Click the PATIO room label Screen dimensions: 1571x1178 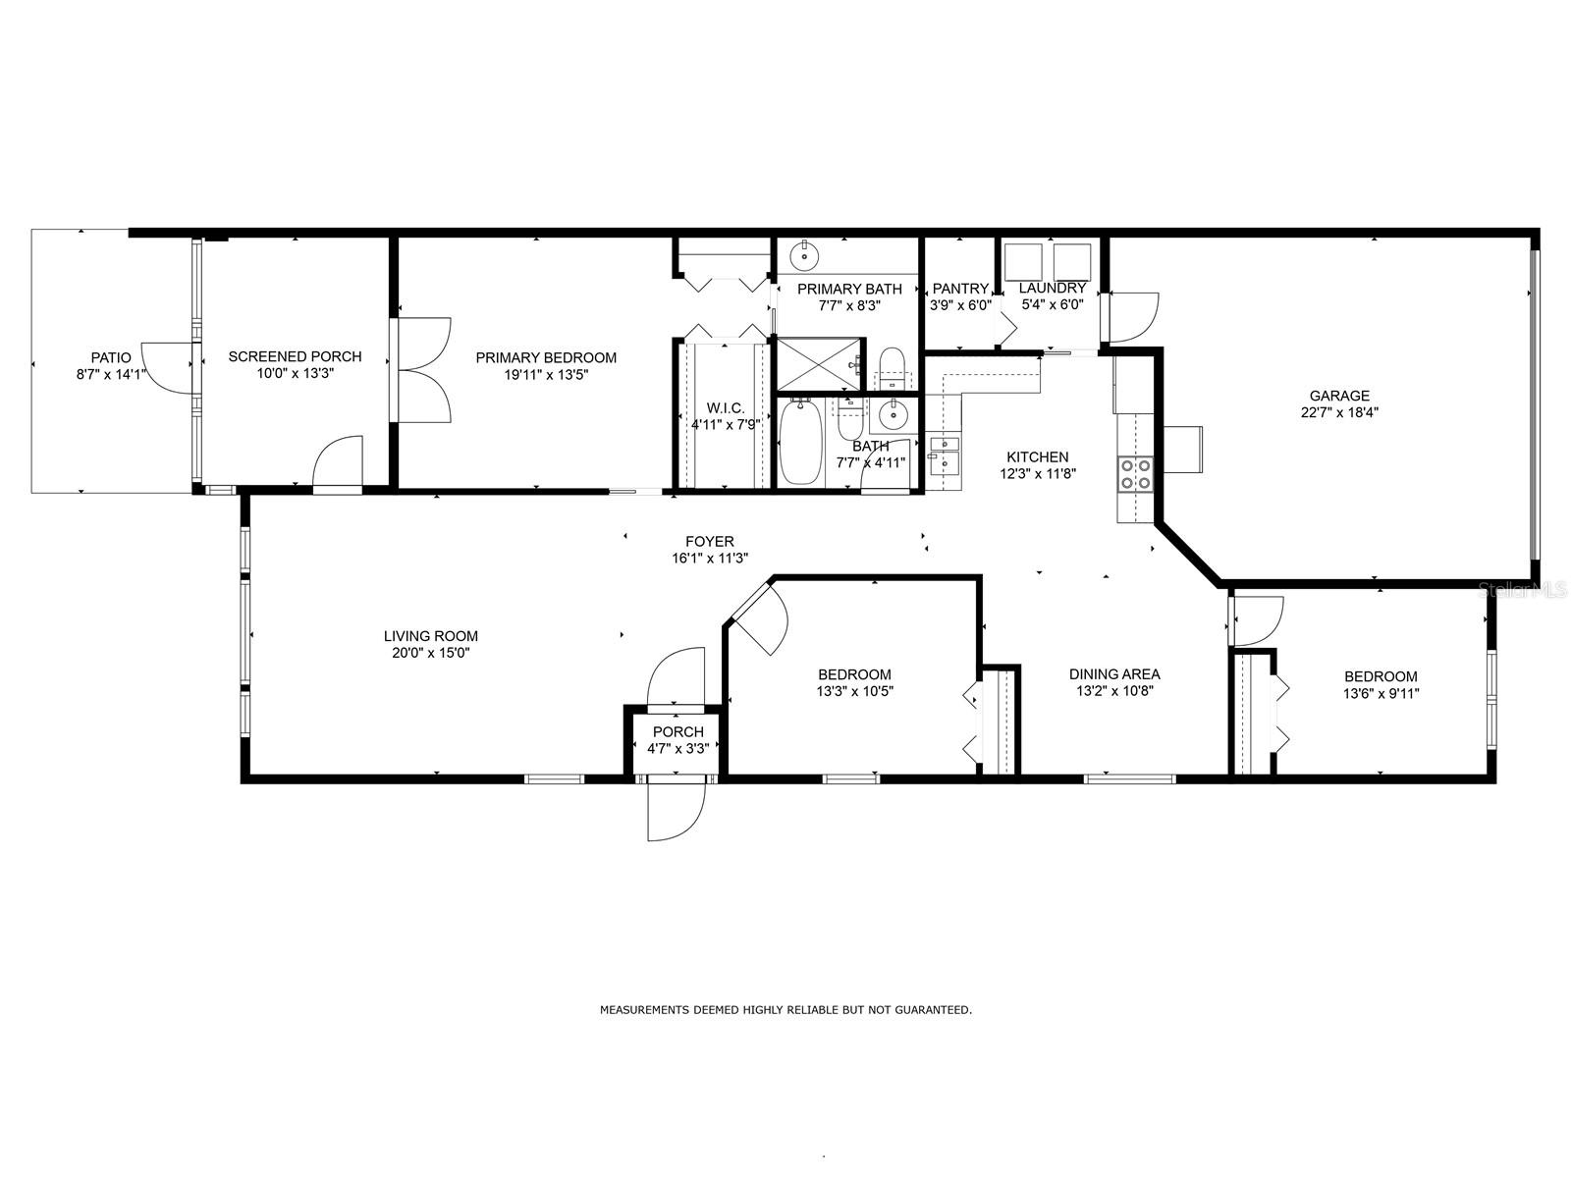(111, 357)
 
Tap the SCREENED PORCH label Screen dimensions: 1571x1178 (295, 356)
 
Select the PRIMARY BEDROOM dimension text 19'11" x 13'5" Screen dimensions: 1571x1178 (546, 374)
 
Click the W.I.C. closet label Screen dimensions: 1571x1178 (726, 407)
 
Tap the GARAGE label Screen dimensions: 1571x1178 (1339, 396)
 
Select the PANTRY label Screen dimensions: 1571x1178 (960, 289)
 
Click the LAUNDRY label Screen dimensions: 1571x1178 (1053, 289)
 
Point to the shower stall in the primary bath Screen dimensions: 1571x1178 (820, 365)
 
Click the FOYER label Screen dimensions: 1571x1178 (709, 542)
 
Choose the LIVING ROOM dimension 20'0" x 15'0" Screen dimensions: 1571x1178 (431, 652)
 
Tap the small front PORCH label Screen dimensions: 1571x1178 (677, 731)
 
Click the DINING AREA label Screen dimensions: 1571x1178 (1114, 673)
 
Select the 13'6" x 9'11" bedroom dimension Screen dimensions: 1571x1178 (1381, 693)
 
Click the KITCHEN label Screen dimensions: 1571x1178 (1038, 457)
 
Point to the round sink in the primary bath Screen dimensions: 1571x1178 (806, 254)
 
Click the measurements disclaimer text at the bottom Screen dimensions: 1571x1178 (785, 1010)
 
